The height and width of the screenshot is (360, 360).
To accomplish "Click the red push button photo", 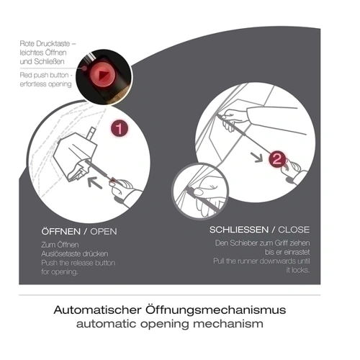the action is click(104, 77).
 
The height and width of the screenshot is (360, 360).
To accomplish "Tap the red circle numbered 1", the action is click(120, 128).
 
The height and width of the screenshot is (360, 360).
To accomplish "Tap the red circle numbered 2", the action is click(277, 159).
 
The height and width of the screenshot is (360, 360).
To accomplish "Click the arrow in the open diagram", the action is click(95, 182).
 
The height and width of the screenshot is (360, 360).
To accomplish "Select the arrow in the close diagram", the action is click(256, 157).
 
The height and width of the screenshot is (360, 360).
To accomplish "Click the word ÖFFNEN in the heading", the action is click(61, 232).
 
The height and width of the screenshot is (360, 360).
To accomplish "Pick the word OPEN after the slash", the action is click(104, 232).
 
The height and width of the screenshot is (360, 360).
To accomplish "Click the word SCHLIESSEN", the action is click(239, 230).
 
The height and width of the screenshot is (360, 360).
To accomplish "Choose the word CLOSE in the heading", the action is click(294, 230).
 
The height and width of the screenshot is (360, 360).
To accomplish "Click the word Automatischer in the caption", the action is click(98, 310).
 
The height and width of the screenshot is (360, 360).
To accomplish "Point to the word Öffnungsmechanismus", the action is click(215, 310).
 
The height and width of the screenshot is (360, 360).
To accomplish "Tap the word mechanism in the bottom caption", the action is click(228, 324).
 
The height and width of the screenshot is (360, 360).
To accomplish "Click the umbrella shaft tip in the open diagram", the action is click(93, 129).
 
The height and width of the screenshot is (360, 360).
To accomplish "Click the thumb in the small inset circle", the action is click(199, 192).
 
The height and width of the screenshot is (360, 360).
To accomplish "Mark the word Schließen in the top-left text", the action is click(49, 62).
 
